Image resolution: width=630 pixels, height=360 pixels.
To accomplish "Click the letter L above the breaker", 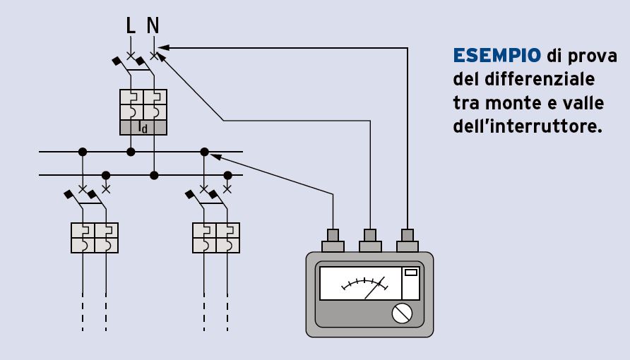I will (130, 26).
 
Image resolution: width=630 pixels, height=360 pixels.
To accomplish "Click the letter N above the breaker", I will (153, 26).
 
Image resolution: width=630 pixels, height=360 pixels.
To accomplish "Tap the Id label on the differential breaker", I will (143, 127).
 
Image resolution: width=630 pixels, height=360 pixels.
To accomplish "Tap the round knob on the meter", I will (402, 313).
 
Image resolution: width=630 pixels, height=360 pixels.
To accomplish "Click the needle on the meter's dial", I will (375, 287).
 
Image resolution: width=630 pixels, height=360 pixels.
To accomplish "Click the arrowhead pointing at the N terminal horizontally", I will (162, 47).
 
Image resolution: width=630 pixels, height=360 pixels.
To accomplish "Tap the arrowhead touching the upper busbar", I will (215, 156).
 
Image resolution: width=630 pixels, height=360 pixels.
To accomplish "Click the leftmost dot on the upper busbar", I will (83, 151).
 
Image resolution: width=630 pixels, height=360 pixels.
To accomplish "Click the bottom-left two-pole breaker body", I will (95, 237).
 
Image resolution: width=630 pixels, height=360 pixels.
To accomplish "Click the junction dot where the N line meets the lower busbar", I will (154, 174).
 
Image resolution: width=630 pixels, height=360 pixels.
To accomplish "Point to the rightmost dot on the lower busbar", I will (227, 174).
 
